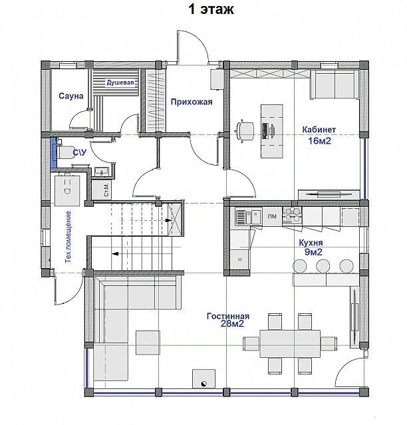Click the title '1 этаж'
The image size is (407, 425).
pyautogui.click(x=211, y=9)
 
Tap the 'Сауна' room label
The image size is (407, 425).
pyautogui.click(x=71, y=96)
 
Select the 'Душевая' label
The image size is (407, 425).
pyautogui.click(x=120, y=82)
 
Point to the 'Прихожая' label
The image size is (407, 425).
pyautogui.click(x=192, y=102)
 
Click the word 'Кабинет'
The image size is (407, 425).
pyautogui.click(x=319, y=130)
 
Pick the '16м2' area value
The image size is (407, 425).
pyautogui.click(x=319, y=141)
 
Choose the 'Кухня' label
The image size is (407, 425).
pyautogui.click(x=311, y=243)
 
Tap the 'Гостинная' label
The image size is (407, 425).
pyautogui.click(x=228, y=317)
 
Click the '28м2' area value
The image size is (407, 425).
pyautogui.click(x=232, y=324)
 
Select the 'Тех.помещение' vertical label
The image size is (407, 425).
pyautogui.click(x=68, y=237)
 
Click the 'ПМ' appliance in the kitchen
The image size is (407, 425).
pyautogui.click(x=272, y=216)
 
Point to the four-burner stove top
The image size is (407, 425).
pyautogui.click(x=292, y=215)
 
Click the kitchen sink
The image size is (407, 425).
pyautogui.click(x=249, y=217)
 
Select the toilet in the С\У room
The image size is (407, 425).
pyautogui.click(x=64, y=152)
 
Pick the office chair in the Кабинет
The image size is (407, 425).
pyautogui.click(x=245, y=130)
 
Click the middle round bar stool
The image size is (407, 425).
pyautogui.click(x=323, y=266)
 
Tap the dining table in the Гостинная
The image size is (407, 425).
pyautogui.click(x=290, y=344)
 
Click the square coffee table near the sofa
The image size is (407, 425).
pyautogui.click(x=148, y=343)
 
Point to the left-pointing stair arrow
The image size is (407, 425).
pyautogui.click(x=115, y=254)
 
